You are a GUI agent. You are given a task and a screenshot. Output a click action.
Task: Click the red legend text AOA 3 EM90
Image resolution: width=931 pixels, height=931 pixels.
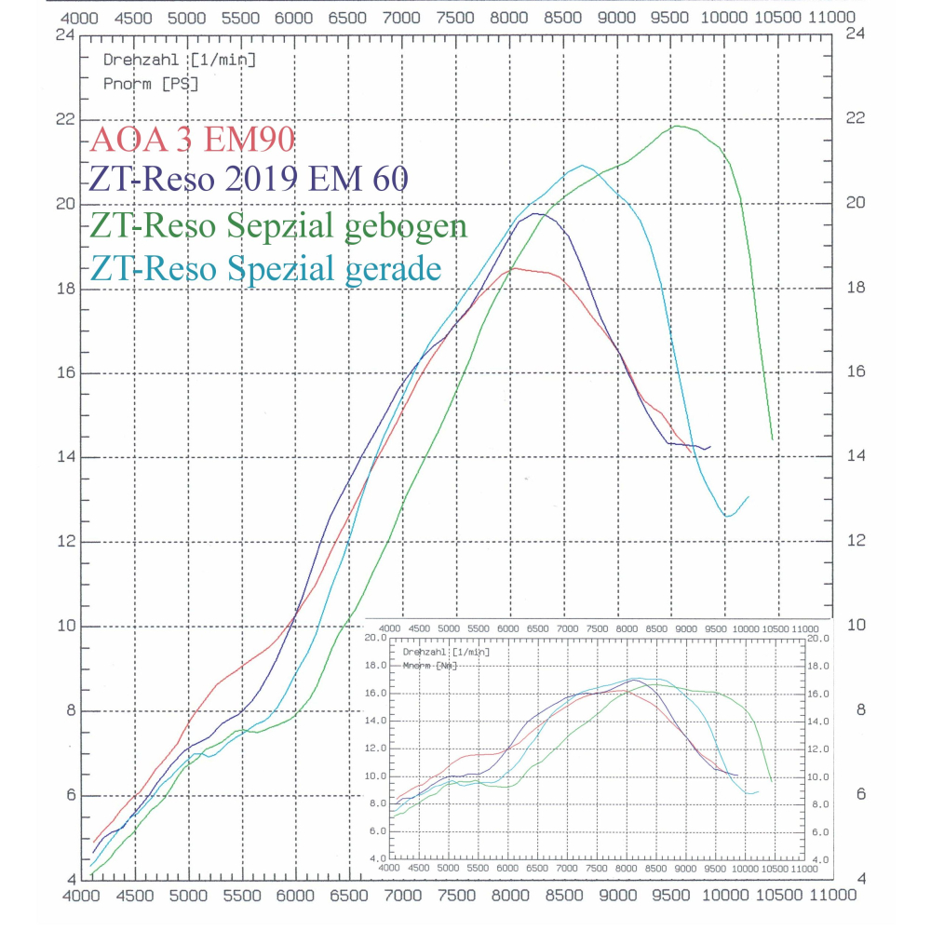click(193, 141)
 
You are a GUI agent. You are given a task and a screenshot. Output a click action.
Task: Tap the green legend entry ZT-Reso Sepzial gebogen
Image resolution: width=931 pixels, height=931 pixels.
click(279, 226)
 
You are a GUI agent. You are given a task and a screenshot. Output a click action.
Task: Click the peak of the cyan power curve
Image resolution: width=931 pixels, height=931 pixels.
click(583, 166)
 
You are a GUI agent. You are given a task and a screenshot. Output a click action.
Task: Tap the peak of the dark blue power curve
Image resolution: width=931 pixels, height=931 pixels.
click(535, 213)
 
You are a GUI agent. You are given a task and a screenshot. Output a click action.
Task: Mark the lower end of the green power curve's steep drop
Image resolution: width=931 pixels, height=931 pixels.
click(773, 439)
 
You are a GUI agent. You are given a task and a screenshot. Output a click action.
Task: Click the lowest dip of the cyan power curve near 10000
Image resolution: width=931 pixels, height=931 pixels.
click(727, 516)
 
